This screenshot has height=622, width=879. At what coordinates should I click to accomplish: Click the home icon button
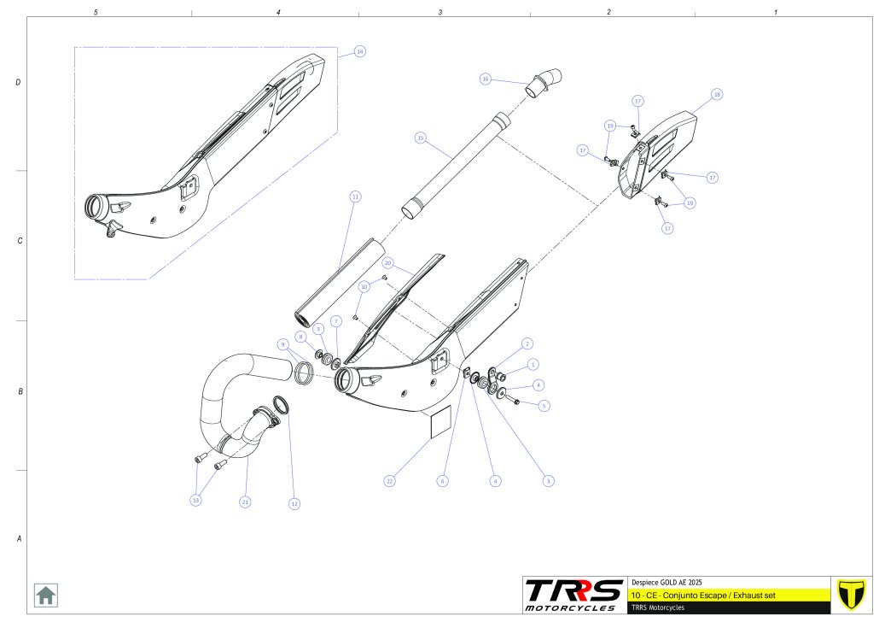point(45,595)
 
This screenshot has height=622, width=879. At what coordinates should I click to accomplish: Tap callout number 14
point(360,51)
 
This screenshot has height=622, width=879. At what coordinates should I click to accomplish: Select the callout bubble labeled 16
point(486,79)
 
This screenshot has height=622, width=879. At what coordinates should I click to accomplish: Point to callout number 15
point(420,137)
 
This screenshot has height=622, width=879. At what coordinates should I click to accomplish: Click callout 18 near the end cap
point(717,93)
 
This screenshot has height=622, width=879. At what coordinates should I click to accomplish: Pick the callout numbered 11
point(356,196)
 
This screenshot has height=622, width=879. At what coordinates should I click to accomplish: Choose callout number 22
point(389,481)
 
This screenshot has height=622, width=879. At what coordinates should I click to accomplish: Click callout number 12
point(294,504)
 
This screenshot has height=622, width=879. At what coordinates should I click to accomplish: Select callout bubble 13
point(196,500)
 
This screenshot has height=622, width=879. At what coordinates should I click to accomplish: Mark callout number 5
point(544,405)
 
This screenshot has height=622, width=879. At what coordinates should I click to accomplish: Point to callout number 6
point(442,481)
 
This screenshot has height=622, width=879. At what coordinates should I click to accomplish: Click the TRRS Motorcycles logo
point(573,595)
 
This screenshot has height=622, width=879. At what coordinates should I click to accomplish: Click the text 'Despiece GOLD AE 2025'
point(667,581)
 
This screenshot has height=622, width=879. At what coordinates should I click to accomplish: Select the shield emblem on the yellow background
point(849,594)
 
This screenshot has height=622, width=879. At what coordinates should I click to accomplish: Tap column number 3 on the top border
point(440,13)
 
